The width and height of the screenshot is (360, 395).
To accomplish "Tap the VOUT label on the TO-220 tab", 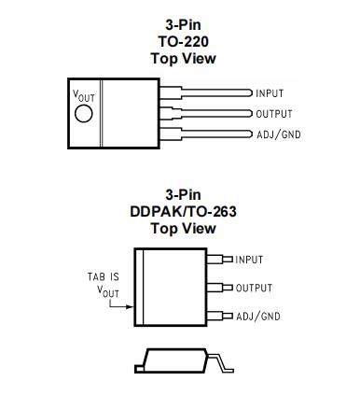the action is click(83, 96).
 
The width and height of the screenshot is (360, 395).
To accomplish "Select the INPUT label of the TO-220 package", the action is click(270, 93).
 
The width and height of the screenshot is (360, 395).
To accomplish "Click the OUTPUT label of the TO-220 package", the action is click(274, 114).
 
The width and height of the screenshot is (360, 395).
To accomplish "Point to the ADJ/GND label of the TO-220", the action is click(279, 134).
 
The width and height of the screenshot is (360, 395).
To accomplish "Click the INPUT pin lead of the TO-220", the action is click(206, 92).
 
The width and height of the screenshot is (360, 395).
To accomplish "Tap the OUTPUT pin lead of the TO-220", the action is click(206, 114).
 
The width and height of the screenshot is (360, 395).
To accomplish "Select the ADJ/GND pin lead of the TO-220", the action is click(206, 134).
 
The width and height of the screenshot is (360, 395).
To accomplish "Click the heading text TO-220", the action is click(183, 41).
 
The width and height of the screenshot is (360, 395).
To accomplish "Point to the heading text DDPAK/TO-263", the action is click(183, 212).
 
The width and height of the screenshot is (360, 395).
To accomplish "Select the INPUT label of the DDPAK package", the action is click(249, 260).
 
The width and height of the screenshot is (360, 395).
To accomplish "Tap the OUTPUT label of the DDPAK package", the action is click(254, 288).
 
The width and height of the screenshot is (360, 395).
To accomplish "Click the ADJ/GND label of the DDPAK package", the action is click(258, 317).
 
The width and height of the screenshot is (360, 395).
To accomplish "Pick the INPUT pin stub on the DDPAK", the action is click(219, 260).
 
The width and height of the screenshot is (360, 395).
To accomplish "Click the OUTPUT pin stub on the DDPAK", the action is click(219, 288).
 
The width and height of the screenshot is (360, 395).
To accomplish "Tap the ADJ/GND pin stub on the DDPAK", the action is click(219, 316).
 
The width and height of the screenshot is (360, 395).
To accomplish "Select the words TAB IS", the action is click(104, 276).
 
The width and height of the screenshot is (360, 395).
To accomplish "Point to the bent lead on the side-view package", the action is click(220, 361).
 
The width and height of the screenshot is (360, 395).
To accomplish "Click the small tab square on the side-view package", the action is click(139, 369).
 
